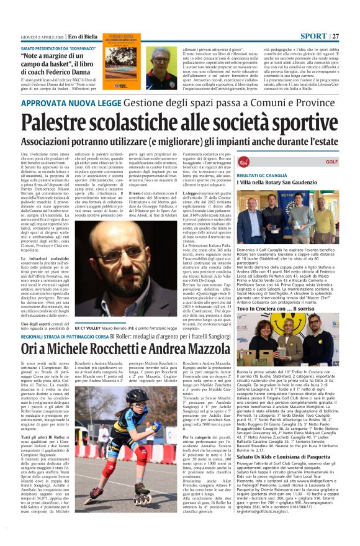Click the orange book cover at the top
122,61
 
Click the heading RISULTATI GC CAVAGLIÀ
269,176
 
